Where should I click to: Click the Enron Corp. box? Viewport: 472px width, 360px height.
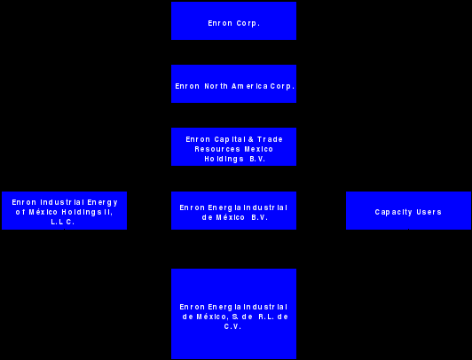point(233,20)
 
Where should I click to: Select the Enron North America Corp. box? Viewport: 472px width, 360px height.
point(233,84)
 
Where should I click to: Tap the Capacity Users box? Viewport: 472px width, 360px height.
point(408,210)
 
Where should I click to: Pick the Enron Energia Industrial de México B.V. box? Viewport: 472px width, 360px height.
point(233,210)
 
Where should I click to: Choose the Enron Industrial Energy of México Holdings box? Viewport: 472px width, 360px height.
point(65,210)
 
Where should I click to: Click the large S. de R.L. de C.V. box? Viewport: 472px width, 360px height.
point(233,314)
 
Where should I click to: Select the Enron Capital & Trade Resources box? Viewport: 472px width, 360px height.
point(233,147)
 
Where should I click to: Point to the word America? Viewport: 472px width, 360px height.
point(249,86)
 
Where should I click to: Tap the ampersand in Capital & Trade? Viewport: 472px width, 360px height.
point(251,139)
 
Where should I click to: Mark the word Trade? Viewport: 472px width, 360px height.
point(270,139)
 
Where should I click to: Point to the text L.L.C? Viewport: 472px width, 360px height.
point(63,222)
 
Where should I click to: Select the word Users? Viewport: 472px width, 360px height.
point(429,212)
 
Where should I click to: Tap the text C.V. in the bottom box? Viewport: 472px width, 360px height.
point(232,326)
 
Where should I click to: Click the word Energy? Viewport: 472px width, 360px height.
point(102,202)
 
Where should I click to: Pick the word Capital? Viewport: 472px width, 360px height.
point(230,139)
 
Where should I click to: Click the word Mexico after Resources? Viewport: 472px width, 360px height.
point(258,149)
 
